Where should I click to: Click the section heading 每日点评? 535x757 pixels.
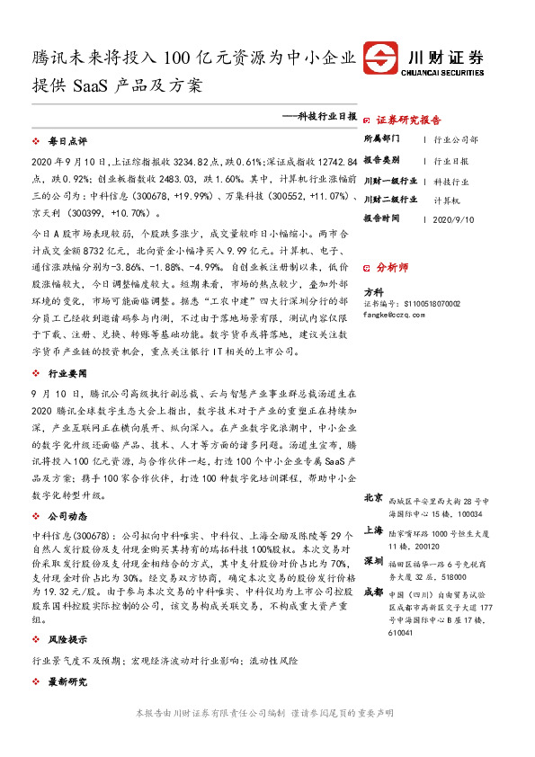coord(67,141)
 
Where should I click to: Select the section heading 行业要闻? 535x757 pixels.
coord(67,372)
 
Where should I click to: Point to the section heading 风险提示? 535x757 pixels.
coord(67,639)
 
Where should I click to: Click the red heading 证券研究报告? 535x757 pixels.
coord(408,120)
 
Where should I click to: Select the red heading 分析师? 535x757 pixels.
coord(392,268)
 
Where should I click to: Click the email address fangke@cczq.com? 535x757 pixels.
coord(392,316)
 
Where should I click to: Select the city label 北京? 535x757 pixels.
coord(373,497)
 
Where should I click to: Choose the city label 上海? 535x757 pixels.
coord(373,530)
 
